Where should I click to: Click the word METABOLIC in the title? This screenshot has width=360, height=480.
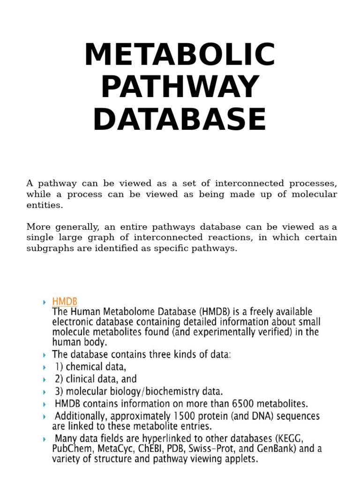click(x=180, y=55)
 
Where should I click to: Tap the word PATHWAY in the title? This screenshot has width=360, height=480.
click(x=180, y=87)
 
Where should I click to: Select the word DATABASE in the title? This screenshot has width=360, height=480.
click(x=180, y=120)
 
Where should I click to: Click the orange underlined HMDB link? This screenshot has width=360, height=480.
click(x=65, y=301)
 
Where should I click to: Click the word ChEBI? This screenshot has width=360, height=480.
click(x=149, y=449)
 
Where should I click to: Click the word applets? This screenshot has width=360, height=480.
click(x=240, y=459)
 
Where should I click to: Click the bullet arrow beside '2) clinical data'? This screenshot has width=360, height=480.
click(x=44, y=379)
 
